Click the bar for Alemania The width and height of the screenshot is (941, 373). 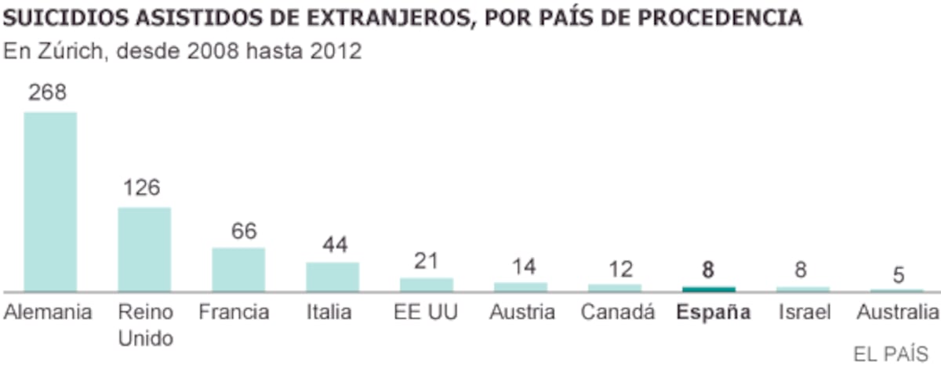pos(50,201)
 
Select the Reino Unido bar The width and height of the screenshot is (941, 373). pos(144,249)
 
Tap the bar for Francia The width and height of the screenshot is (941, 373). pos(238,270)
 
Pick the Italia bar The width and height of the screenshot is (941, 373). pos(332,277)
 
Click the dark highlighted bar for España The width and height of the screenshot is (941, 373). pos(709,289)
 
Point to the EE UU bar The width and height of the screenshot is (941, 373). pos(427,284)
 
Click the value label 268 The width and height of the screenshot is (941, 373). pos(48,92)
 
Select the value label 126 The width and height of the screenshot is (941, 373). pos(142,187)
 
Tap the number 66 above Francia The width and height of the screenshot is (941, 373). pos(244,231)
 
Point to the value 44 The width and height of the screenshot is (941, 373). pos(336,244)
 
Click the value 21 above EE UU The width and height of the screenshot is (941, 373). pos(427,261)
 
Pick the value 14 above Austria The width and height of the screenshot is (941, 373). pos(524,267)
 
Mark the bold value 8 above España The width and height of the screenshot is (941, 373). pos(708,270)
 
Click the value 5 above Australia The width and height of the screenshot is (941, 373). pos(899,275)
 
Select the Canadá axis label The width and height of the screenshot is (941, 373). pos(618,312)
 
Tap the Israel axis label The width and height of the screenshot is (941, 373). pos(805,312)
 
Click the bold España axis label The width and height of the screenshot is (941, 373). pos(714,312)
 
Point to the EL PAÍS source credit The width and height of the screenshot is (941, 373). pos(891,354)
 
